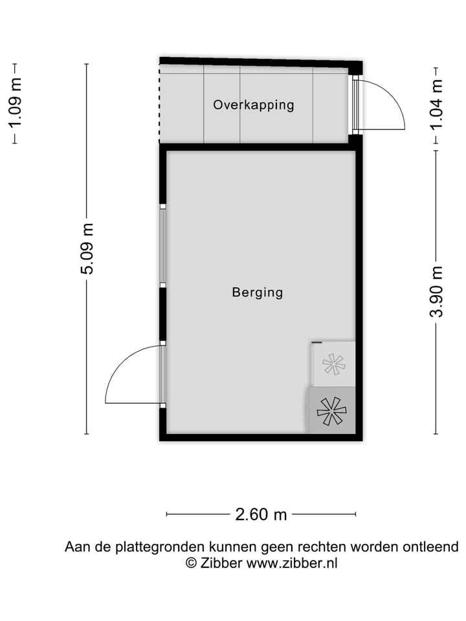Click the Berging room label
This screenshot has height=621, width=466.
point(258,292)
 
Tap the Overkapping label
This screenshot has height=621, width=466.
point(254,105)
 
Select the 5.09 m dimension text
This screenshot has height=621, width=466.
point(87,249)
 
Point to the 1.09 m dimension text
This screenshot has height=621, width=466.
point(15,102)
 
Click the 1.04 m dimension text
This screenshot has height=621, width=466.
point(438,103)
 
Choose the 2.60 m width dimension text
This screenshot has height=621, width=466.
point(261,515)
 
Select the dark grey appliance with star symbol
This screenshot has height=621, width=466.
point(331,410)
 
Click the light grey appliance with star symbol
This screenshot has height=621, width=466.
point(334,364)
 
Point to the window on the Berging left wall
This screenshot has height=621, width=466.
point(163,246)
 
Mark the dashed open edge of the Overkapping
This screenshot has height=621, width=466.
point(159,103)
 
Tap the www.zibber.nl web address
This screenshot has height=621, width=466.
point(292,563)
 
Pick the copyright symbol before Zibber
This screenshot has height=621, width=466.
point(191,563)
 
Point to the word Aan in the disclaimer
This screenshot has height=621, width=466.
point(75,547)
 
